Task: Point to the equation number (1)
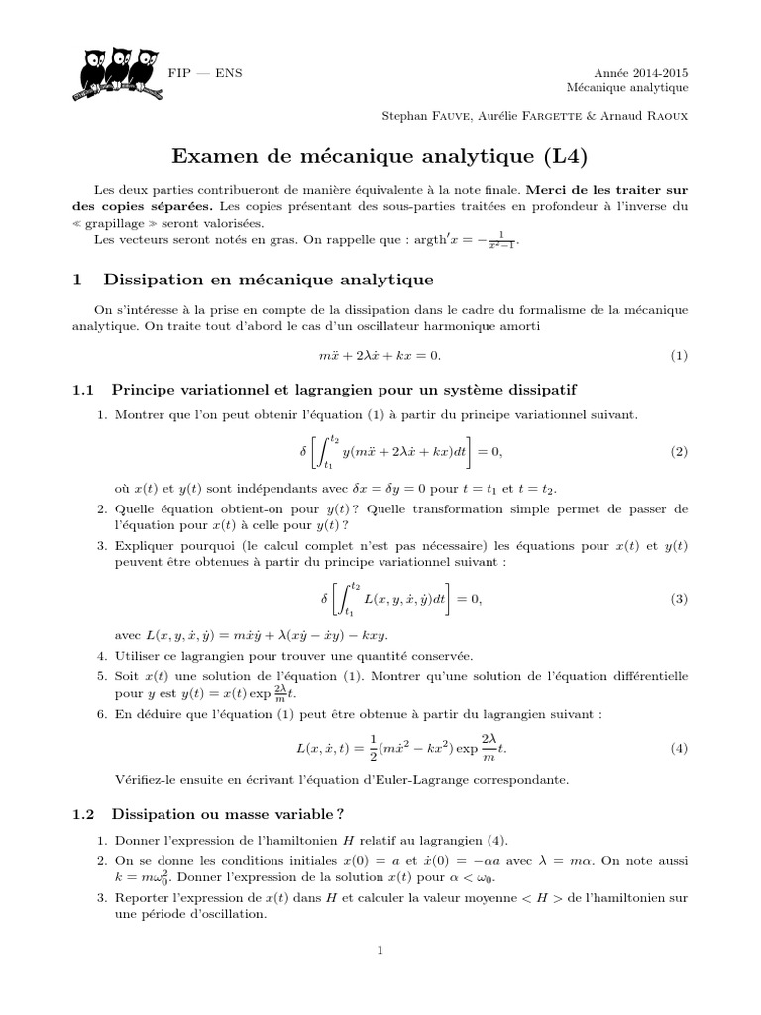(678, 355)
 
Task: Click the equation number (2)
(678, 451)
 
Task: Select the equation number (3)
(678, 598)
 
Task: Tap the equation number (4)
(678, 749)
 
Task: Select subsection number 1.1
(83, 387)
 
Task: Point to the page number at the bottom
(380, 950)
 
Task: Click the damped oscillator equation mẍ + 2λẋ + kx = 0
(380, 355)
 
